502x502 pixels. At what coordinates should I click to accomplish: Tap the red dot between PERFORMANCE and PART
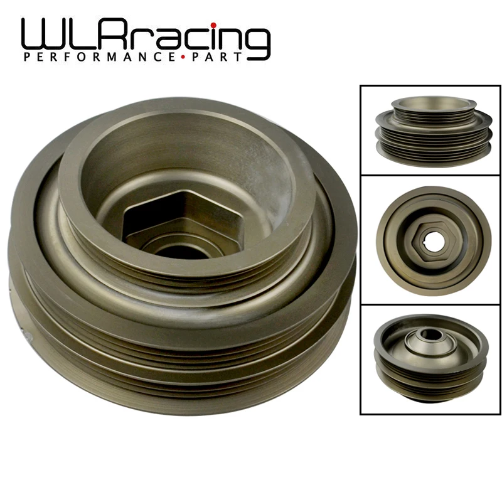[x=183, y=58]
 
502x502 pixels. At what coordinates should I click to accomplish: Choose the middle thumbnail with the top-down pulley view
[x=429, y=240]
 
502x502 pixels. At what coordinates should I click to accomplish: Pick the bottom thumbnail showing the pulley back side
[x=429, y=359]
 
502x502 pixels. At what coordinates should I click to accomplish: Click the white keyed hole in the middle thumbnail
[x=429, y=240]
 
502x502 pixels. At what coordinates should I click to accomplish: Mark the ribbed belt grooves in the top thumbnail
[x=429, y=135]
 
